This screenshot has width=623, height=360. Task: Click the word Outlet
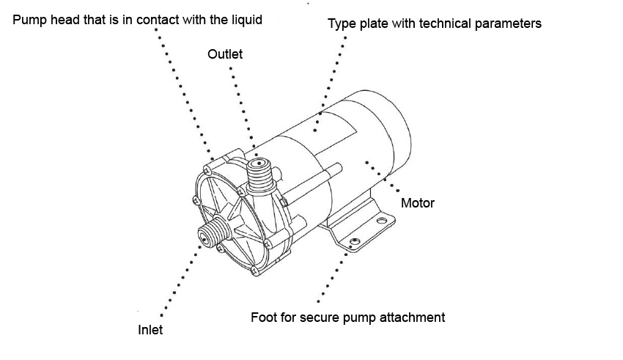click(225, 55)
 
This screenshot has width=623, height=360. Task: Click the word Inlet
click(150, 330)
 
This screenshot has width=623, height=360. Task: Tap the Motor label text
click(418, 203)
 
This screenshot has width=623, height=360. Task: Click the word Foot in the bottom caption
click(263, 317)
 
